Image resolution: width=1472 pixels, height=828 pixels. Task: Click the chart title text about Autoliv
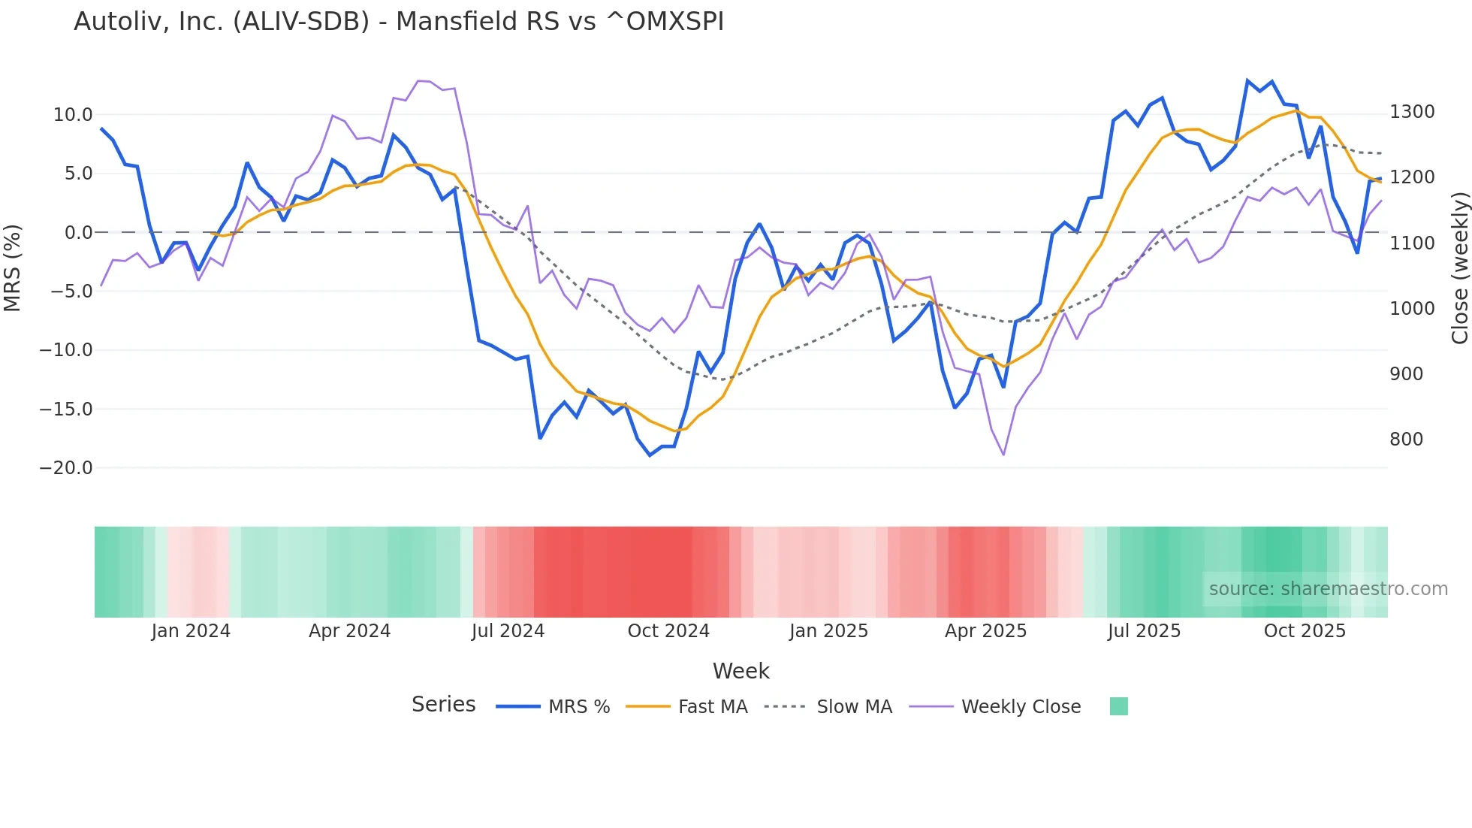coord(398,22)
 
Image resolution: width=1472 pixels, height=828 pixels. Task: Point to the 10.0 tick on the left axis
coord(72,115)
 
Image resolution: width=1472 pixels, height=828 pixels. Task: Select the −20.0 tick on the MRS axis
coord(66,468)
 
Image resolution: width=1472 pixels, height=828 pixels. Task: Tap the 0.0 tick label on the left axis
coord(78,233)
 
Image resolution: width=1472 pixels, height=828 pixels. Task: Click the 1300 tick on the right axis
coord(1412,112)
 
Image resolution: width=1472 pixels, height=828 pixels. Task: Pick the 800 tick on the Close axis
coord(1406,440)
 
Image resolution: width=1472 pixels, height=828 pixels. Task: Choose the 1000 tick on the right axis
coord(1412,309)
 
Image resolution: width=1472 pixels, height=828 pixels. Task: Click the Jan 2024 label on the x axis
coord(191,631)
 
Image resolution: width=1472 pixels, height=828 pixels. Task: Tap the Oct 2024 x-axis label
coord(668,631)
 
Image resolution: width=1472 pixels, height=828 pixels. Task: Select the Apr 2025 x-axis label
coord(985,631)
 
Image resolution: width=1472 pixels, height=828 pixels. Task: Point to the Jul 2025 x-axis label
coord(1144,631)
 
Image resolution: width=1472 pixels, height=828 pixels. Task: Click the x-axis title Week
coord(741,671)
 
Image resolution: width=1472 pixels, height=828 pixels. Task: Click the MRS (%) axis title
coord(13,268)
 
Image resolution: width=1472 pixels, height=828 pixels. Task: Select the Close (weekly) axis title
coord(1459,268)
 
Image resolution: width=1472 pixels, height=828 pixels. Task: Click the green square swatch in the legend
coord(1118,706)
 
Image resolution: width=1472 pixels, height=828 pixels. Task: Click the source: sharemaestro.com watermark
coord(1328,589)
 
